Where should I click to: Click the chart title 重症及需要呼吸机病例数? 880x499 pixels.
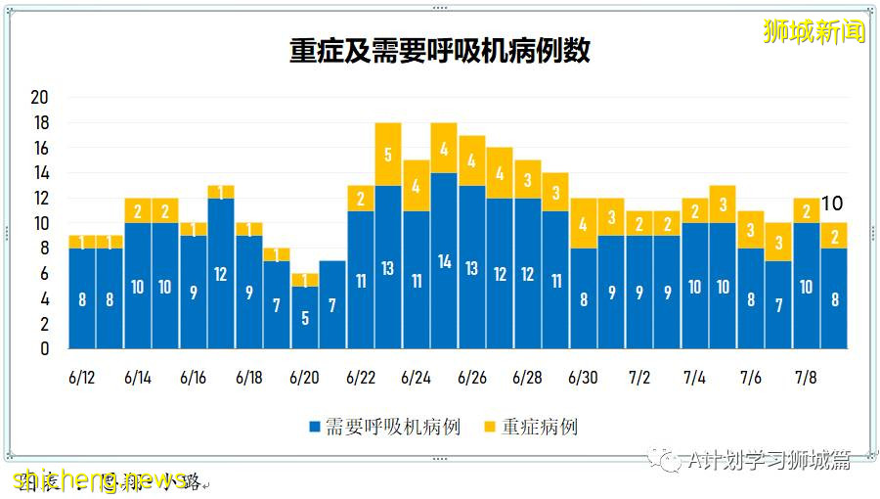coord(440,51)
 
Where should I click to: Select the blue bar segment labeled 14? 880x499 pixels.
coord(444,260)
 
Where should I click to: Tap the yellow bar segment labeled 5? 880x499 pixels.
coord(388,154)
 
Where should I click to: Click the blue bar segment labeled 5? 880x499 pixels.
coord(304,317)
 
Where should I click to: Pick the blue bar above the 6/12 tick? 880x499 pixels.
coord(82,298)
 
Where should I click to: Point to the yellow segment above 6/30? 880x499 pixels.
coord(584,223)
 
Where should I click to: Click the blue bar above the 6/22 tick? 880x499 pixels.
coord(361,280)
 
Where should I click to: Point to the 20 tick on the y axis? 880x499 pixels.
coord(40,98)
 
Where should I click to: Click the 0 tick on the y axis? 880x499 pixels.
coord(44,348)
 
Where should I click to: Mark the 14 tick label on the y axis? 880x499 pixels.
coord(40,173)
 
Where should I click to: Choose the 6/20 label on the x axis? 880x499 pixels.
coord(304,378)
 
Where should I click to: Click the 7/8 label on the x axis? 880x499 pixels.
coord(807,378)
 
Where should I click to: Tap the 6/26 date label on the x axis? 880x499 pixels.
coord(472,378)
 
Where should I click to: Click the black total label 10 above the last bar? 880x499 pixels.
coord(832,204)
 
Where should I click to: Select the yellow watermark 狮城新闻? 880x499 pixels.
coord(814,31)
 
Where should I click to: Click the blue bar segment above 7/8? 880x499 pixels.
coord(807,286)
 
